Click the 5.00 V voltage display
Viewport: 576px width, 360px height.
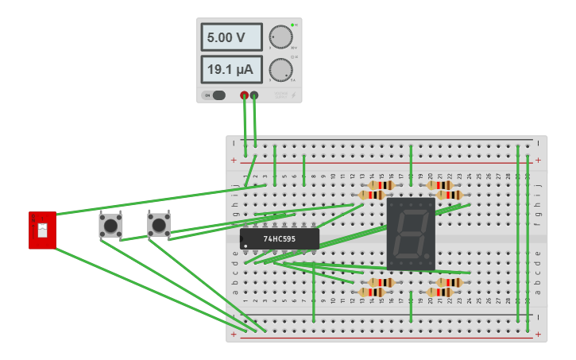(x=231, y=37)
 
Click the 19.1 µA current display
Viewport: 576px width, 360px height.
(x=231, y=70)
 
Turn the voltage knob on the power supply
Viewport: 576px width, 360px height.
(x=280, y=37)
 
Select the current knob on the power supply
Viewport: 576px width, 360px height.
(x=280, y=70)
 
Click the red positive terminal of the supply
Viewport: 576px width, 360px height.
(x=245, y=95)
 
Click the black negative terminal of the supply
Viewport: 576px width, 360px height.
(x=254, y=95)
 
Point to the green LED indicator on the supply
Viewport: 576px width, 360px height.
(x=292, y=25)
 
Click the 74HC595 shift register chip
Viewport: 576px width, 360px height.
(x=280, y=238)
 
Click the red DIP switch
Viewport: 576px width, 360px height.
(x=43, y=230)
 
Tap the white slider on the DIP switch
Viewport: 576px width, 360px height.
(x=43, y=231)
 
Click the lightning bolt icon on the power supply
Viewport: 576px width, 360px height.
(x=294, y=95)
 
